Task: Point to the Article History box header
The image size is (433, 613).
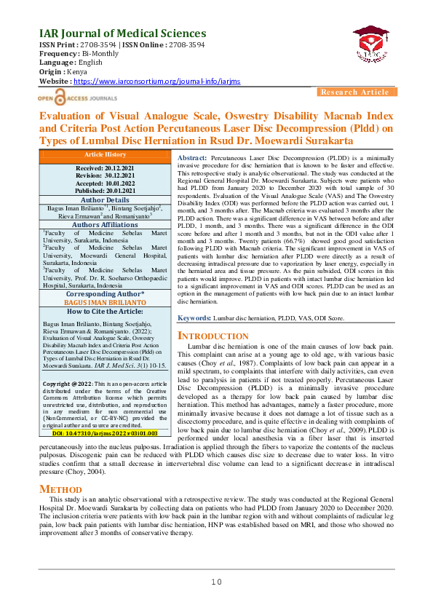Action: [x=105, y=155]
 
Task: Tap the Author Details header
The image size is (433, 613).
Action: [x=105, y=199]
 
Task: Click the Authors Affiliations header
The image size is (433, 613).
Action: [x=105, y=224]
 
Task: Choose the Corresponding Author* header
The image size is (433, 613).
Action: [x=105, y=293]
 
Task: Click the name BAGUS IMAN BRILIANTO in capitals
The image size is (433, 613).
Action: [x=105, y=302]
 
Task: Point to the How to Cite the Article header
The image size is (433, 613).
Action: [x=105, y=311]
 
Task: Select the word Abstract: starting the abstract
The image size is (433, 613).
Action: [x=193, y=158]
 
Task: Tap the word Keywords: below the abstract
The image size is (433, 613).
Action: [x=195, y=318]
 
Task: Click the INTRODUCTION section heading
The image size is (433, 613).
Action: [x=215, y=336]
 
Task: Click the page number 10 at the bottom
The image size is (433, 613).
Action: [x=216, y=581]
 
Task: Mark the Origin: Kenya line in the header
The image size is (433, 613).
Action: [x=57, y=72]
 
